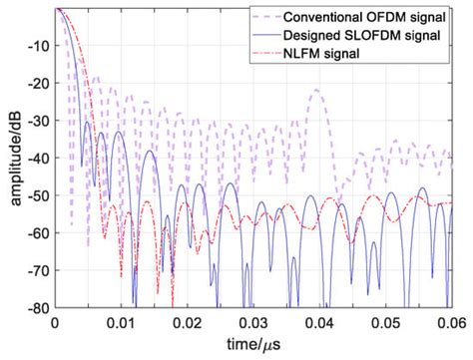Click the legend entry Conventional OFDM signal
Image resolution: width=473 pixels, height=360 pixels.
coord(375,16)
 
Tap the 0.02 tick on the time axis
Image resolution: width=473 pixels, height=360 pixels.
coord(188,322)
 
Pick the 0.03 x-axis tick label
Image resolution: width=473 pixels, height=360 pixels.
coord(254,322)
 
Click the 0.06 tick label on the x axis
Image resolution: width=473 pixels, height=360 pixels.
coord(451,322)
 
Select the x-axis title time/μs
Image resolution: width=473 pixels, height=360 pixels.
coord(254,345)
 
